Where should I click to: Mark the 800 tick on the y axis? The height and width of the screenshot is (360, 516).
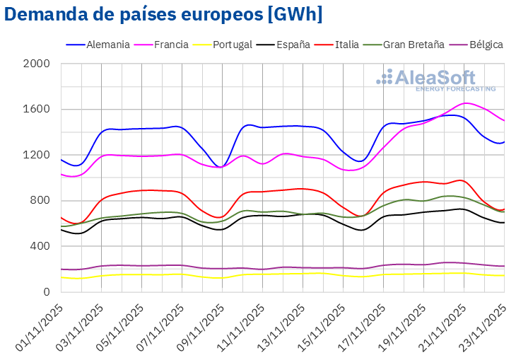click(41, 201)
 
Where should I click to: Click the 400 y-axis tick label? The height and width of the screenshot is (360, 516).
click(41, 246)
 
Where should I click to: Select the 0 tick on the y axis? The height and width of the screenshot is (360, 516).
click(47, 292)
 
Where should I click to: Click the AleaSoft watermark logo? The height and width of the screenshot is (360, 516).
click(435, 80)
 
